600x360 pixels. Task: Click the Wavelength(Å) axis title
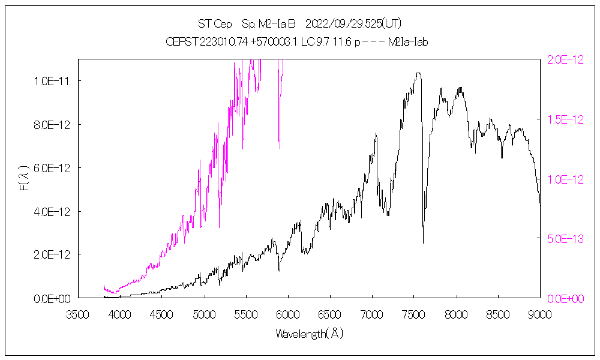310,334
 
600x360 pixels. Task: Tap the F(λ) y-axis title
25,179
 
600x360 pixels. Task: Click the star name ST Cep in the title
211,24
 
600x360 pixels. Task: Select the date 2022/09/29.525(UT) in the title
353,24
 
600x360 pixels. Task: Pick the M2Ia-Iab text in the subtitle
408,42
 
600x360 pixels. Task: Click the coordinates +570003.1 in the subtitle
251,42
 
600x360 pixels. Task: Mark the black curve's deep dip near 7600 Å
423,242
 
